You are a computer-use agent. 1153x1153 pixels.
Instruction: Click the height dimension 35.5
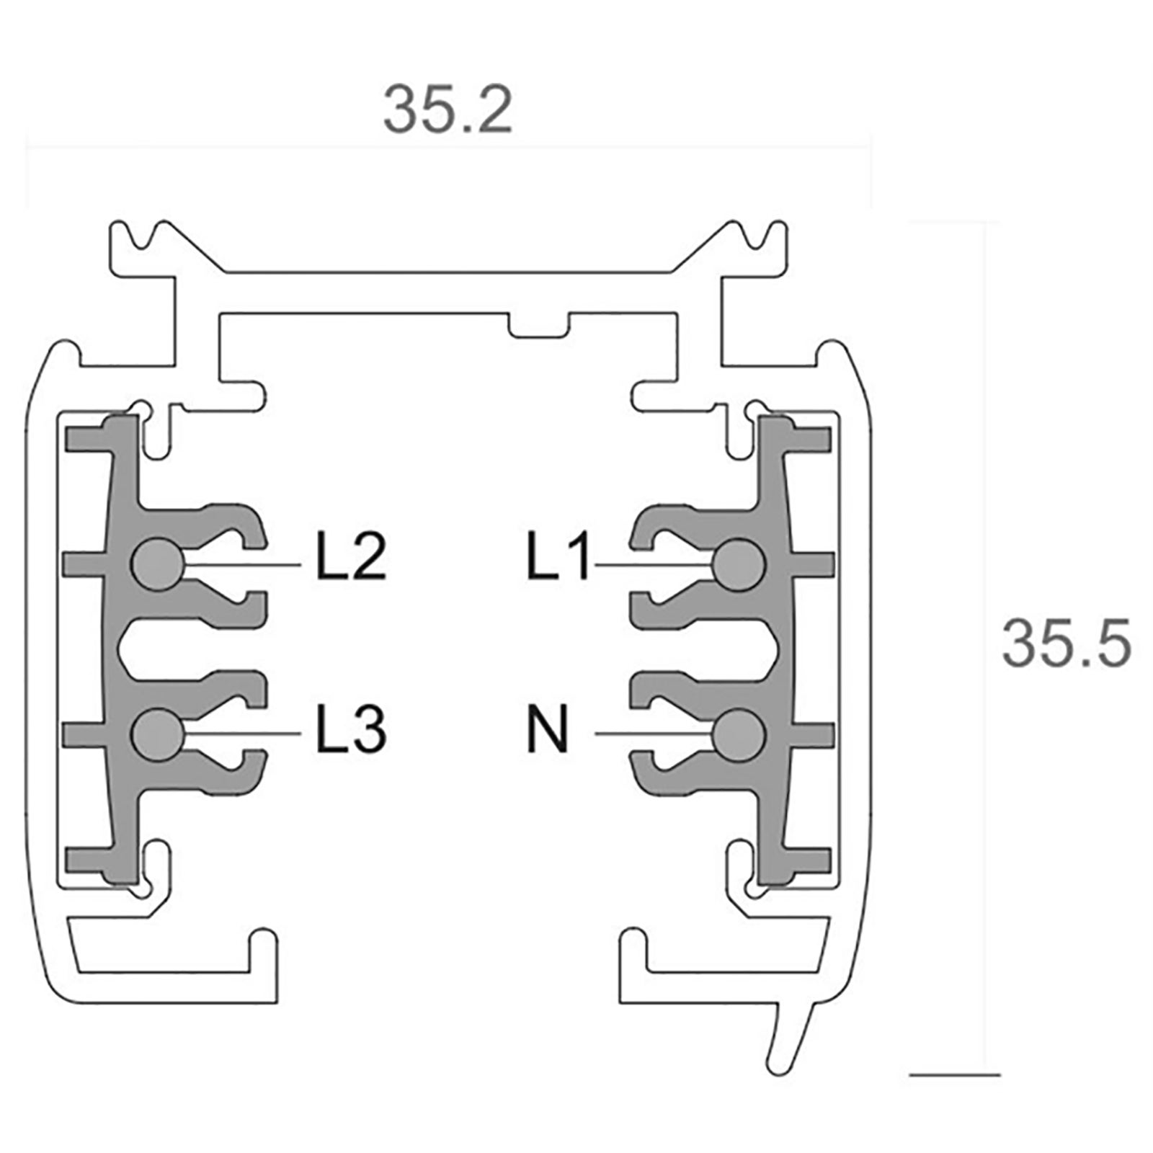pos(1065,643)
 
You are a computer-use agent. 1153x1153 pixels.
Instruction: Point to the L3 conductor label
pos(351,729)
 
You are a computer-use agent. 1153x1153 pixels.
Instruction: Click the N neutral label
pos(548,729)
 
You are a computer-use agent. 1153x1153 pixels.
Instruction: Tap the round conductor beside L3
pos(156,734)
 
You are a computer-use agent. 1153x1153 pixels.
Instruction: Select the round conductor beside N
pos(739,734)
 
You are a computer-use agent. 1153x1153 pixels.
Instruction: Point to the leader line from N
pos(652,734)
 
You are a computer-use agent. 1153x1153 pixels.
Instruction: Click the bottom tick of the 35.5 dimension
pos(955,1075)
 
